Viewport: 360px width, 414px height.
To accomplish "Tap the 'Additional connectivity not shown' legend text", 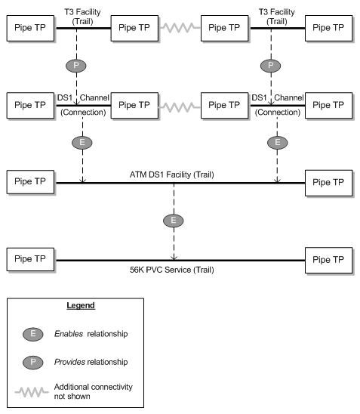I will click(x=103, y=390).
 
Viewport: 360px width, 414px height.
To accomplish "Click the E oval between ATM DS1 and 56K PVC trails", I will click(x=173, y=221).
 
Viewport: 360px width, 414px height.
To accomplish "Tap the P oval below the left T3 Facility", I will click(x=76, y=65).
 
